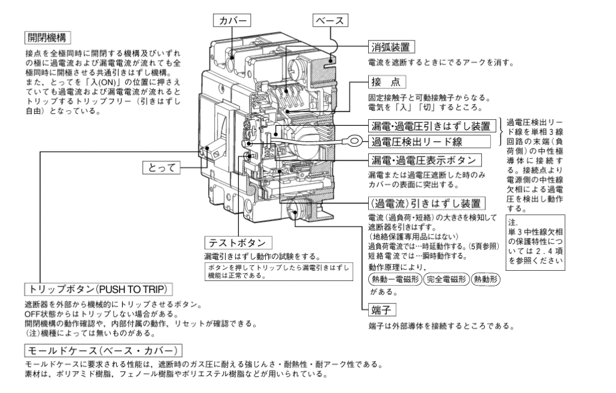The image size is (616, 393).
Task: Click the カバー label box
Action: point(233,20)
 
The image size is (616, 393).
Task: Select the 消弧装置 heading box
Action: point(392,46)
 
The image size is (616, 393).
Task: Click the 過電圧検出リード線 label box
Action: point(420,142)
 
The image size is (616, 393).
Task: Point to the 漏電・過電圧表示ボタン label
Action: point(425,160)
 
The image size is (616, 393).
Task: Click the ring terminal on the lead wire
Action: point(356,143)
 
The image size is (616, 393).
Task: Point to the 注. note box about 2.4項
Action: point(535,244)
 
